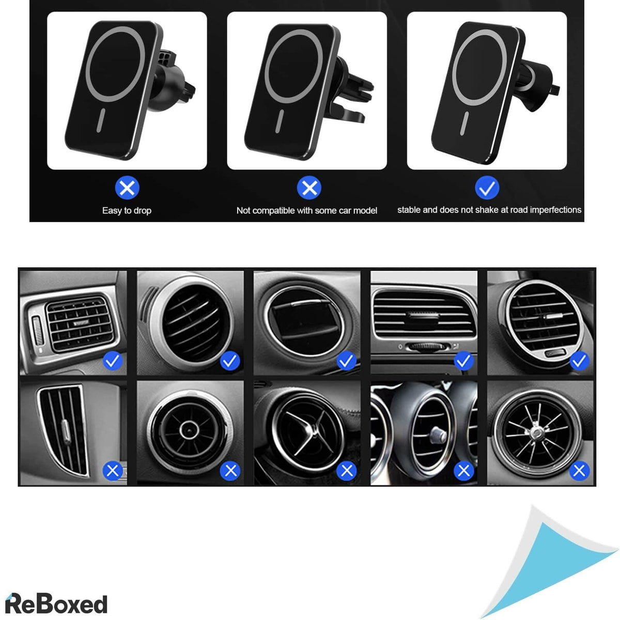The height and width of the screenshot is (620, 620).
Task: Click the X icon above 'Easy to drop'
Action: [x=127, y=188]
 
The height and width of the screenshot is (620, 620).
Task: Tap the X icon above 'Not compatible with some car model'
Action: [x=309, y=188]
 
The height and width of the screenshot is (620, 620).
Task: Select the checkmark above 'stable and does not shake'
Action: [x=487, y=188]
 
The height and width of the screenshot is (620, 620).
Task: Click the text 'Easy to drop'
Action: [x=127, y=210]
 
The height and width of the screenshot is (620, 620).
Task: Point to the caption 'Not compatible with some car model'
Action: [x=306, y=210]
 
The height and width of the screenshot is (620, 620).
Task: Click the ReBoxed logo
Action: [x=57, y=603]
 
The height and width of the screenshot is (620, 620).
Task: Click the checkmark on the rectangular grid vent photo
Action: [x=113, y=361]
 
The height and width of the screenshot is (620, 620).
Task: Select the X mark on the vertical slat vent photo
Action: [x=113, y=471]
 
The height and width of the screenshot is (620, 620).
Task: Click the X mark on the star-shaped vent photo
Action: [x=346, y=471]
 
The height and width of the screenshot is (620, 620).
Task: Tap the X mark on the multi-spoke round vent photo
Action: [x=579, y=471]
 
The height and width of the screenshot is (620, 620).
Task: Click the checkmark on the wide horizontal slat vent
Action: [x=463, y=361]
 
